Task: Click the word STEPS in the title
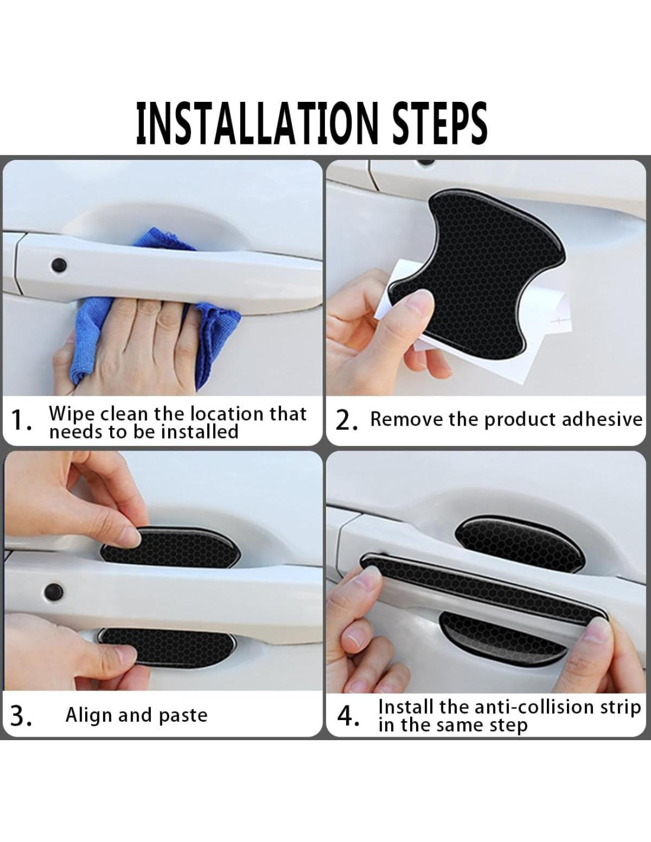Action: click(440, 123)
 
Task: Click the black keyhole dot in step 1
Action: click(59, 265)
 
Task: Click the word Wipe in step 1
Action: click(72, 414)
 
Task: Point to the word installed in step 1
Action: click(200, 432)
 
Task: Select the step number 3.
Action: click(21, 716)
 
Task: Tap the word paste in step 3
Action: click(183, 716)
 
